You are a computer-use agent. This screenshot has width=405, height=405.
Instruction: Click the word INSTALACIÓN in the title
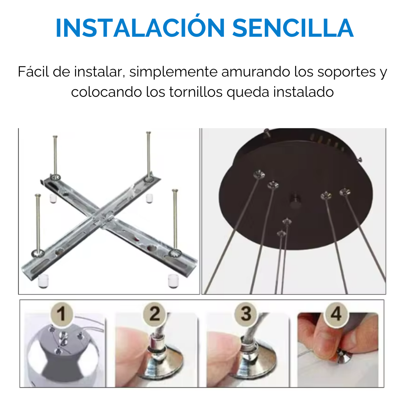(140, 27)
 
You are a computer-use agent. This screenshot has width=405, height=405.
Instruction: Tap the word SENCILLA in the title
(292, 27)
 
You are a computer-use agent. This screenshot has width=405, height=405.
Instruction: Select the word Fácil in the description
(33, 72)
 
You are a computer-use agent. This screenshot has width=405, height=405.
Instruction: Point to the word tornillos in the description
(196, 92)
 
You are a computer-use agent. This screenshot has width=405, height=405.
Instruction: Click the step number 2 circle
(154, 313)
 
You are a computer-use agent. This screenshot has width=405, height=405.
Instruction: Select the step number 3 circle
(246, 313)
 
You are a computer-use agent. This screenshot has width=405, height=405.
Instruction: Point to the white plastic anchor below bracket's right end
(173, 280)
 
